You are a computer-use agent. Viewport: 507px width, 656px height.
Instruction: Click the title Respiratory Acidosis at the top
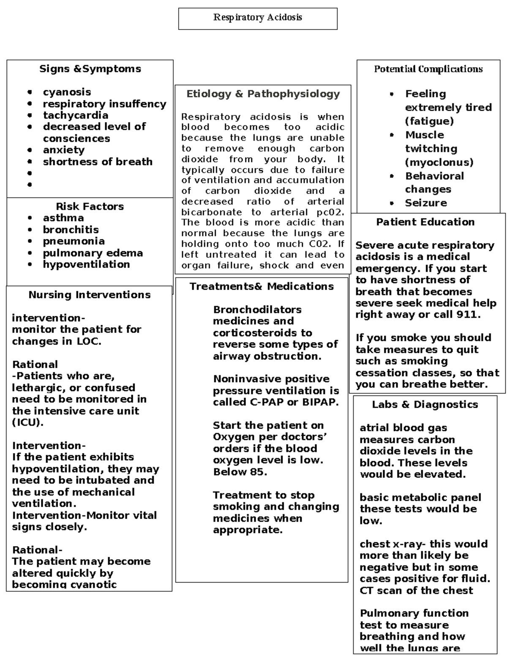click(x=257, y=17)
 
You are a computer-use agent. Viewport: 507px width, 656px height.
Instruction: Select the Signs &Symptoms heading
click(x=90, y=69)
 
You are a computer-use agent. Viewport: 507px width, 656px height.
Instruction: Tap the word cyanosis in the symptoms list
click(x=67, y=92)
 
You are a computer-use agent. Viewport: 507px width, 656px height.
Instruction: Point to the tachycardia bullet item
click(x=75, y=115)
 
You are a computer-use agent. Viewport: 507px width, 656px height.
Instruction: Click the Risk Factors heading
click(x=90, y=207)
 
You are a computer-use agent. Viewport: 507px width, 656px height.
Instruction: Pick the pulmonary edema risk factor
click(x=93, y=253)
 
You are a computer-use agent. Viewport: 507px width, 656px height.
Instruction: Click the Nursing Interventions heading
click(x=89, y=295)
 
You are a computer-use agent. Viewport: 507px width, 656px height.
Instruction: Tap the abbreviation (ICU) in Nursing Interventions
click(x=27, y=422)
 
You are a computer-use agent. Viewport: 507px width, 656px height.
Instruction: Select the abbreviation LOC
click(x=88, y=341)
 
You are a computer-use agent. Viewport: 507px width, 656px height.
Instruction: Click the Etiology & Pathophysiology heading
click(x=263, y=94)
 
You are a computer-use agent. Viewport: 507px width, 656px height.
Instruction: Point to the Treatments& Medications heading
click(x=262, y=286)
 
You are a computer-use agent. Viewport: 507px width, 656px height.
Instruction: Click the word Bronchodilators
click(x=257, y=310)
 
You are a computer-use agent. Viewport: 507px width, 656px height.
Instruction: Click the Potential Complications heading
click(x=428, y=69)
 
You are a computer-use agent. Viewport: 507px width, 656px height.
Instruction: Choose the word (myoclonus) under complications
click(x=439, y=162)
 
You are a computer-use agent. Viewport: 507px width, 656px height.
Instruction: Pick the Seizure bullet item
click(x=425, y=203)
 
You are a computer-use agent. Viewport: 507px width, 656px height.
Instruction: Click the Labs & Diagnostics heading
click(x=425, y=405)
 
